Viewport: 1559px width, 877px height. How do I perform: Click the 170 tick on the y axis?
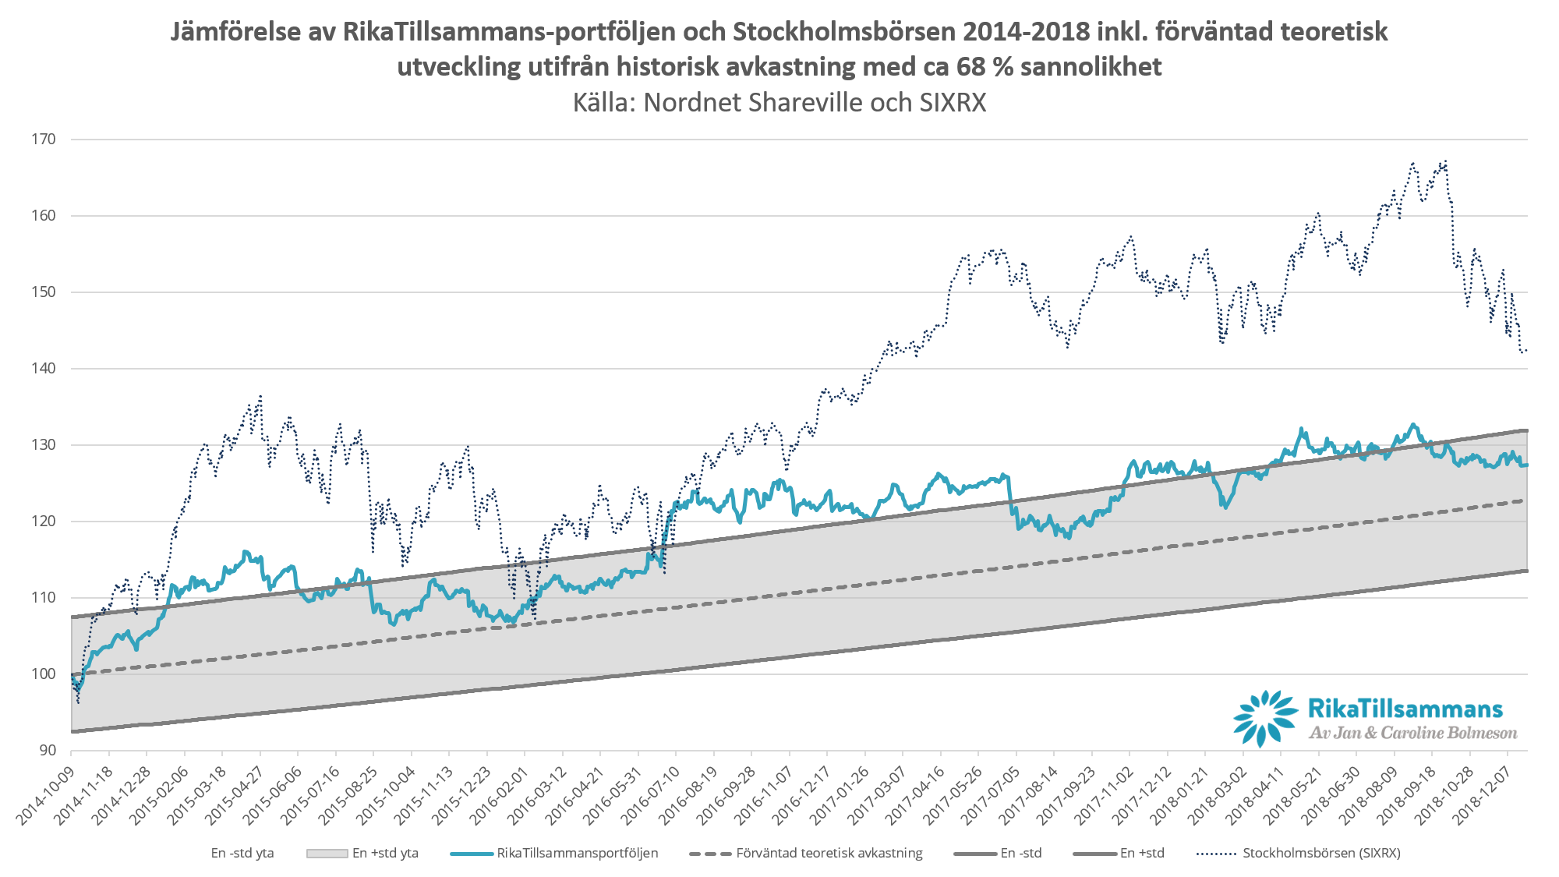[44, 140]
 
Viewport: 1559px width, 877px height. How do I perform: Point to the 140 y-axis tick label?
[44, 369]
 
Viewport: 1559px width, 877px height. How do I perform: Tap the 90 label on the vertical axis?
[48, 750]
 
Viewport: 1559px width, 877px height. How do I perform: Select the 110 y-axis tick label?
[44, 598]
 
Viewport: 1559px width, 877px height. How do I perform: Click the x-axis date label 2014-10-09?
[45, 795]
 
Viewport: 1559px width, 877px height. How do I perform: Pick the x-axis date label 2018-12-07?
[1482, 795]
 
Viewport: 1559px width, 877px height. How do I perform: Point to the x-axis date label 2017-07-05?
[991, 795]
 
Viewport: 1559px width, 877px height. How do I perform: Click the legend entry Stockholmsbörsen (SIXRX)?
[1320, 853]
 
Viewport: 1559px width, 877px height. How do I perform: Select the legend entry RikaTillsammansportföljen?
[577, 853]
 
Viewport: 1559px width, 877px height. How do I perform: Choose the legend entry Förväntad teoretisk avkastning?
[829, 853]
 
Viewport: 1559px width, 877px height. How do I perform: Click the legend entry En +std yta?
[384, 853]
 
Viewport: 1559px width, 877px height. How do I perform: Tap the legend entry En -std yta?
[242, 853]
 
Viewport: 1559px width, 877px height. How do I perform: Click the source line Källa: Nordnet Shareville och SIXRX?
[779, 102]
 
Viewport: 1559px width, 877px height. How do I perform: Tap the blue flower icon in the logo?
[1265, 718]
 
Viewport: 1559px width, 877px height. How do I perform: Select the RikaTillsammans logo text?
[1405, 709]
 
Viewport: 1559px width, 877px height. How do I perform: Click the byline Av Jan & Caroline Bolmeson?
[1412, 733]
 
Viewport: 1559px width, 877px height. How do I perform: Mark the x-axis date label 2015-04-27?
[235, 795]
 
